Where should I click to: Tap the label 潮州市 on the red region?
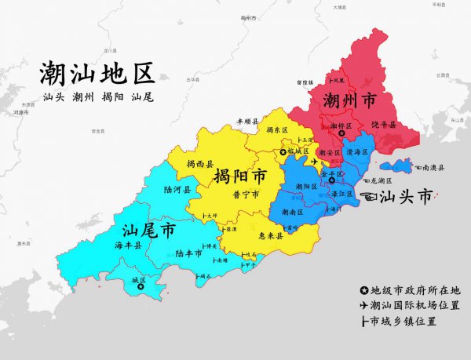click(349, 100)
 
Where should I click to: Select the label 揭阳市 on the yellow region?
click(239, 174)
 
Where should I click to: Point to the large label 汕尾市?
click(148, 231)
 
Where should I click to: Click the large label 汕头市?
click(405, 196)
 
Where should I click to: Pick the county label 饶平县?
click(383, 124)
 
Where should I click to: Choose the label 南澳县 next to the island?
click(432, 168)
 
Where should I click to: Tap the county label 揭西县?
click(200, 164)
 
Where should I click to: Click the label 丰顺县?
click(247, 122)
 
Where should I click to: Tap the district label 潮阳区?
click(305, 186)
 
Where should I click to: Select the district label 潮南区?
click(291, 212)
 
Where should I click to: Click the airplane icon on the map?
click(315, 162)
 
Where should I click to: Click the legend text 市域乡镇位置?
click(403, 321)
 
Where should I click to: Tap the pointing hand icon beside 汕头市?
click(365, 195)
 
